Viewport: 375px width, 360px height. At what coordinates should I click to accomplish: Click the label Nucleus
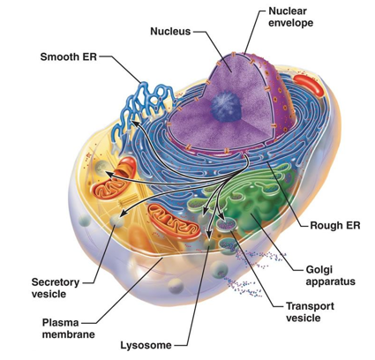click(x=170, y=31)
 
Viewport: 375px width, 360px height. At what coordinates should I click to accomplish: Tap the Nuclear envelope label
click(x=290, y=17)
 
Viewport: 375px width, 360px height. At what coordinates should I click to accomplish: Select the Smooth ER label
click(x=69, y=56)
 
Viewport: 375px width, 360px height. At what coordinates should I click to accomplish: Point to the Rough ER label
click(x=335, y=226)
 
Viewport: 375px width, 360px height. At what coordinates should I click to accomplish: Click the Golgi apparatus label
click(x=330, y=275)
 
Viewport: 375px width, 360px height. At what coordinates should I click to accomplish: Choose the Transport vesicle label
click(x=310, y=312)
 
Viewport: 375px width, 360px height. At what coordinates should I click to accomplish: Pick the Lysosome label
click(x=146, y=345)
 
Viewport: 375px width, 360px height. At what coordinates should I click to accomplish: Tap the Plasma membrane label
click(x=69, y=328)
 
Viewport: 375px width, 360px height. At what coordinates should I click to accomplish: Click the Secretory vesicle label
click(x=56, y=288)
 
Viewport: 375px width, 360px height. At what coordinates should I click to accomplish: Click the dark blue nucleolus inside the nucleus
click(x=227, y=106)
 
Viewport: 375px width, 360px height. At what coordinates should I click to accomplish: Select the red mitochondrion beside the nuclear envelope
click(x=309, y=85)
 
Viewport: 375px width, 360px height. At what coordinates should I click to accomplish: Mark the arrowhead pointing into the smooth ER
click(x=134, y=123)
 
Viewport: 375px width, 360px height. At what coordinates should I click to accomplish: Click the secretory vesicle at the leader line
click(x=116, y=221)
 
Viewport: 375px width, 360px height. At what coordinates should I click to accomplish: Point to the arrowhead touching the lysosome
click(x=208, y=235)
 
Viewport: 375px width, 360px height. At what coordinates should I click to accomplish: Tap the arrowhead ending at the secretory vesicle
click(x=125, y=214)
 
